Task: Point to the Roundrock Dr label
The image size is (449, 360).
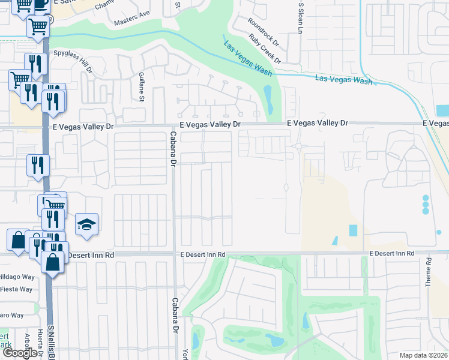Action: [265, 31]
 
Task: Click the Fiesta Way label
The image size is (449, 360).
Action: [16, 289]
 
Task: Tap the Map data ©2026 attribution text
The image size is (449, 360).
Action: [423, 355]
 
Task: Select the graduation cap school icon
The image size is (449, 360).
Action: [86, 225]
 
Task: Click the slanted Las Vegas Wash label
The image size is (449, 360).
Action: [247, 58]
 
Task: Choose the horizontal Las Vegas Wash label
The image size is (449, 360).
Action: [343, 79]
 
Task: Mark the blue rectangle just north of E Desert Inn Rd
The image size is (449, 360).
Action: [352, 230]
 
